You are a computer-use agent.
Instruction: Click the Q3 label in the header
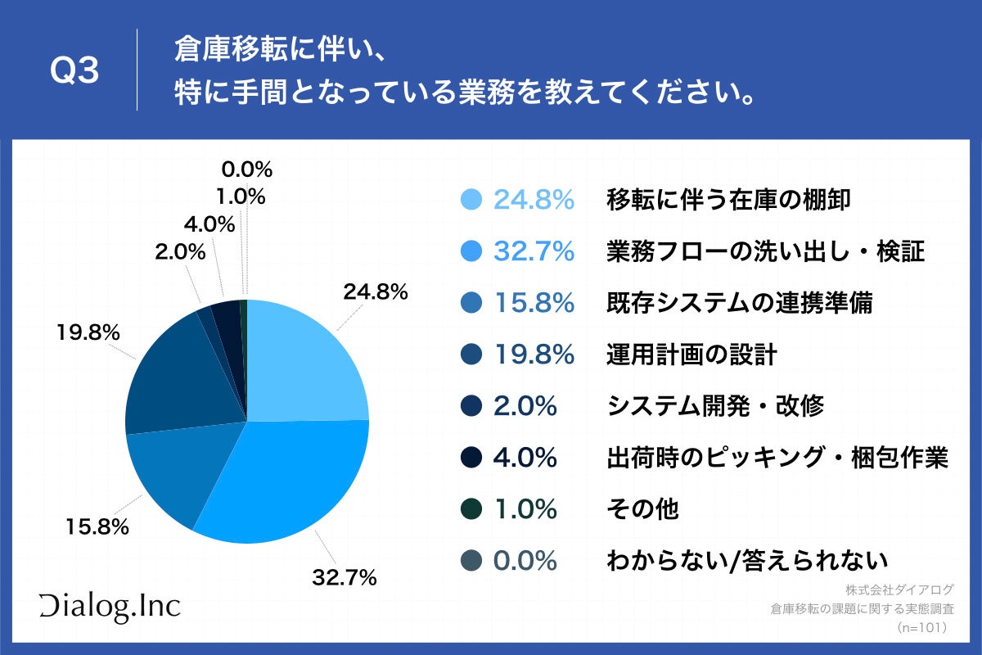tap(74, 72)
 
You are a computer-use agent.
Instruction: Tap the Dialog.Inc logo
tap(110, 606)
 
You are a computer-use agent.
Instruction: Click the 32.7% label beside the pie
tap(344, 578)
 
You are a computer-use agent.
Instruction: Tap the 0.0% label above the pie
tap(246, 169)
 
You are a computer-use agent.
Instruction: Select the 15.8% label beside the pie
tap(97, 527)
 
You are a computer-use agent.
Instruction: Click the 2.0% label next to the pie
tap(180, 252)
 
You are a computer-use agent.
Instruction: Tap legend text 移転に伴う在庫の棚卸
tap(729, 200)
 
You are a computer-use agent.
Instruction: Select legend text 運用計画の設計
tap(691, 355)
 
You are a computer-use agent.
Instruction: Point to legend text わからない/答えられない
tap(747, 561)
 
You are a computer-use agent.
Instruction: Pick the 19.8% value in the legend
tap(533, 355)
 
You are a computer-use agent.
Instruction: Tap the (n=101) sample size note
tap(921, 628)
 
